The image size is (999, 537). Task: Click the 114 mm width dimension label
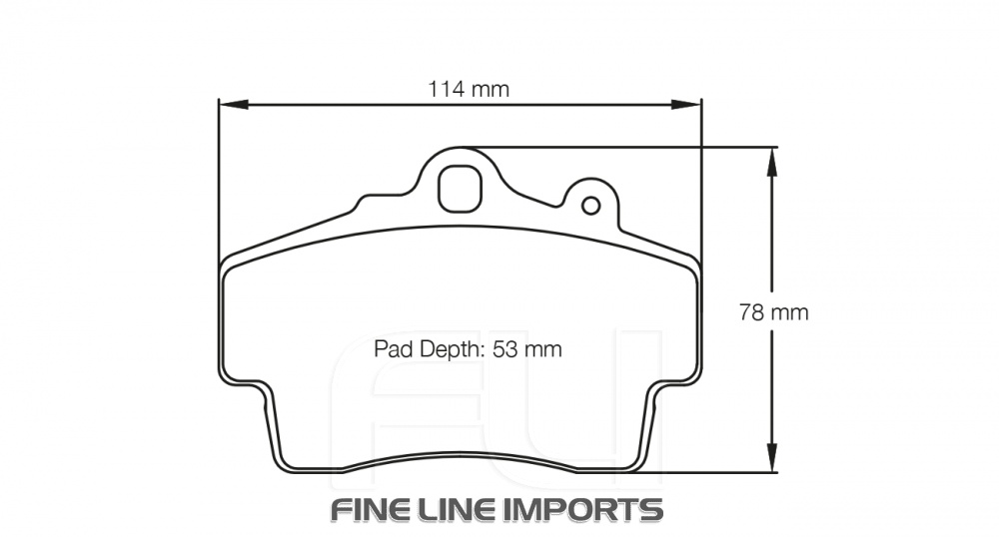point(469,89)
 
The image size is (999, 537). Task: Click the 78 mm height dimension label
point(773,312)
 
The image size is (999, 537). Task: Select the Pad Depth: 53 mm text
point(468,349)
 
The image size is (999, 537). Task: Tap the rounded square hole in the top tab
point(460,188)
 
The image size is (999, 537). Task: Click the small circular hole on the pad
point(590,206)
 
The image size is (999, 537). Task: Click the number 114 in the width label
point(446,89)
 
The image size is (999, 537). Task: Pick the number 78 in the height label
point(752,312)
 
